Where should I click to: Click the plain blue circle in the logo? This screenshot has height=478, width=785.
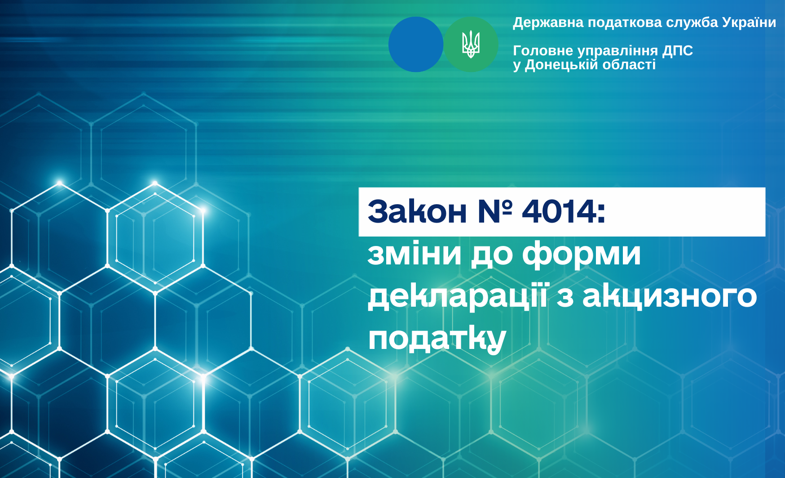point(416,44)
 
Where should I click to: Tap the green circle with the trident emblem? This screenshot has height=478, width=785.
point(471,44)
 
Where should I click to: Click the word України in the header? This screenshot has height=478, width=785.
point(749,22)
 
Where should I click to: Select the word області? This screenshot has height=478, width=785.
point(629,65)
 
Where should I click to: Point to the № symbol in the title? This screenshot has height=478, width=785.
point(495,211)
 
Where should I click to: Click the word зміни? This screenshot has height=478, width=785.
point(415,254)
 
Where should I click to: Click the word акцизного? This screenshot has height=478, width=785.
point(670,297)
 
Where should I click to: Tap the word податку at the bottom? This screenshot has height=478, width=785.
point(437,339)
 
